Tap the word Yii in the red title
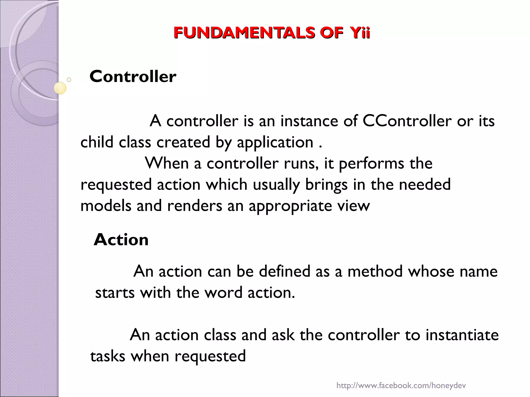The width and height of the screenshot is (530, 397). pyautogui.click(x=360, y=33)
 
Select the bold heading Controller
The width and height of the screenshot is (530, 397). pyautogui.click(x=133, y=77)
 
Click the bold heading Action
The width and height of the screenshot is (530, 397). pyautogui.click(x=121, y=240)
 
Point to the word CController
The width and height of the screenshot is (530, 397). pyautogui.click(x=407, y=121)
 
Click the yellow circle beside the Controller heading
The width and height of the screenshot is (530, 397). pyautogui.click(x=60, y=88)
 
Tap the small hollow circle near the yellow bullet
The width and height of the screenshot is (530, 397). pyautogui.click(x=69, y=80)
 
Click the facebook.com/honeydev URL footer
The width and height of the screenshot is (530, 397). pyautogui.click(x=401, y=386)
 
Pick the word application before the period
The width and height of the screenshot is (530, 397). pyautogui.click(x=275, y=142)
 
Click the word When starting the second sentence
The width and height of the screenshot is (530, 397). pyautogui.click(x=167, y=163)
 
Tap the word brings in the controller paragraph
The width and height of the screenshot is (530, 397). pyautogui.click(x=326, y=185)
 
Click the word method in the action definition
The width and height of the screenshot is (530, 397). pyautogui.click(x=375, y=271)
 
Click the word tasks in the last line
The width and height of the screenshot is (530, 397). pyautogui.click(x=108, y=356)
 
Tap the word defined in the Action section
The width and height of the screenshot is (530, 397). pyautogui.click(x=284, y=271)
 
